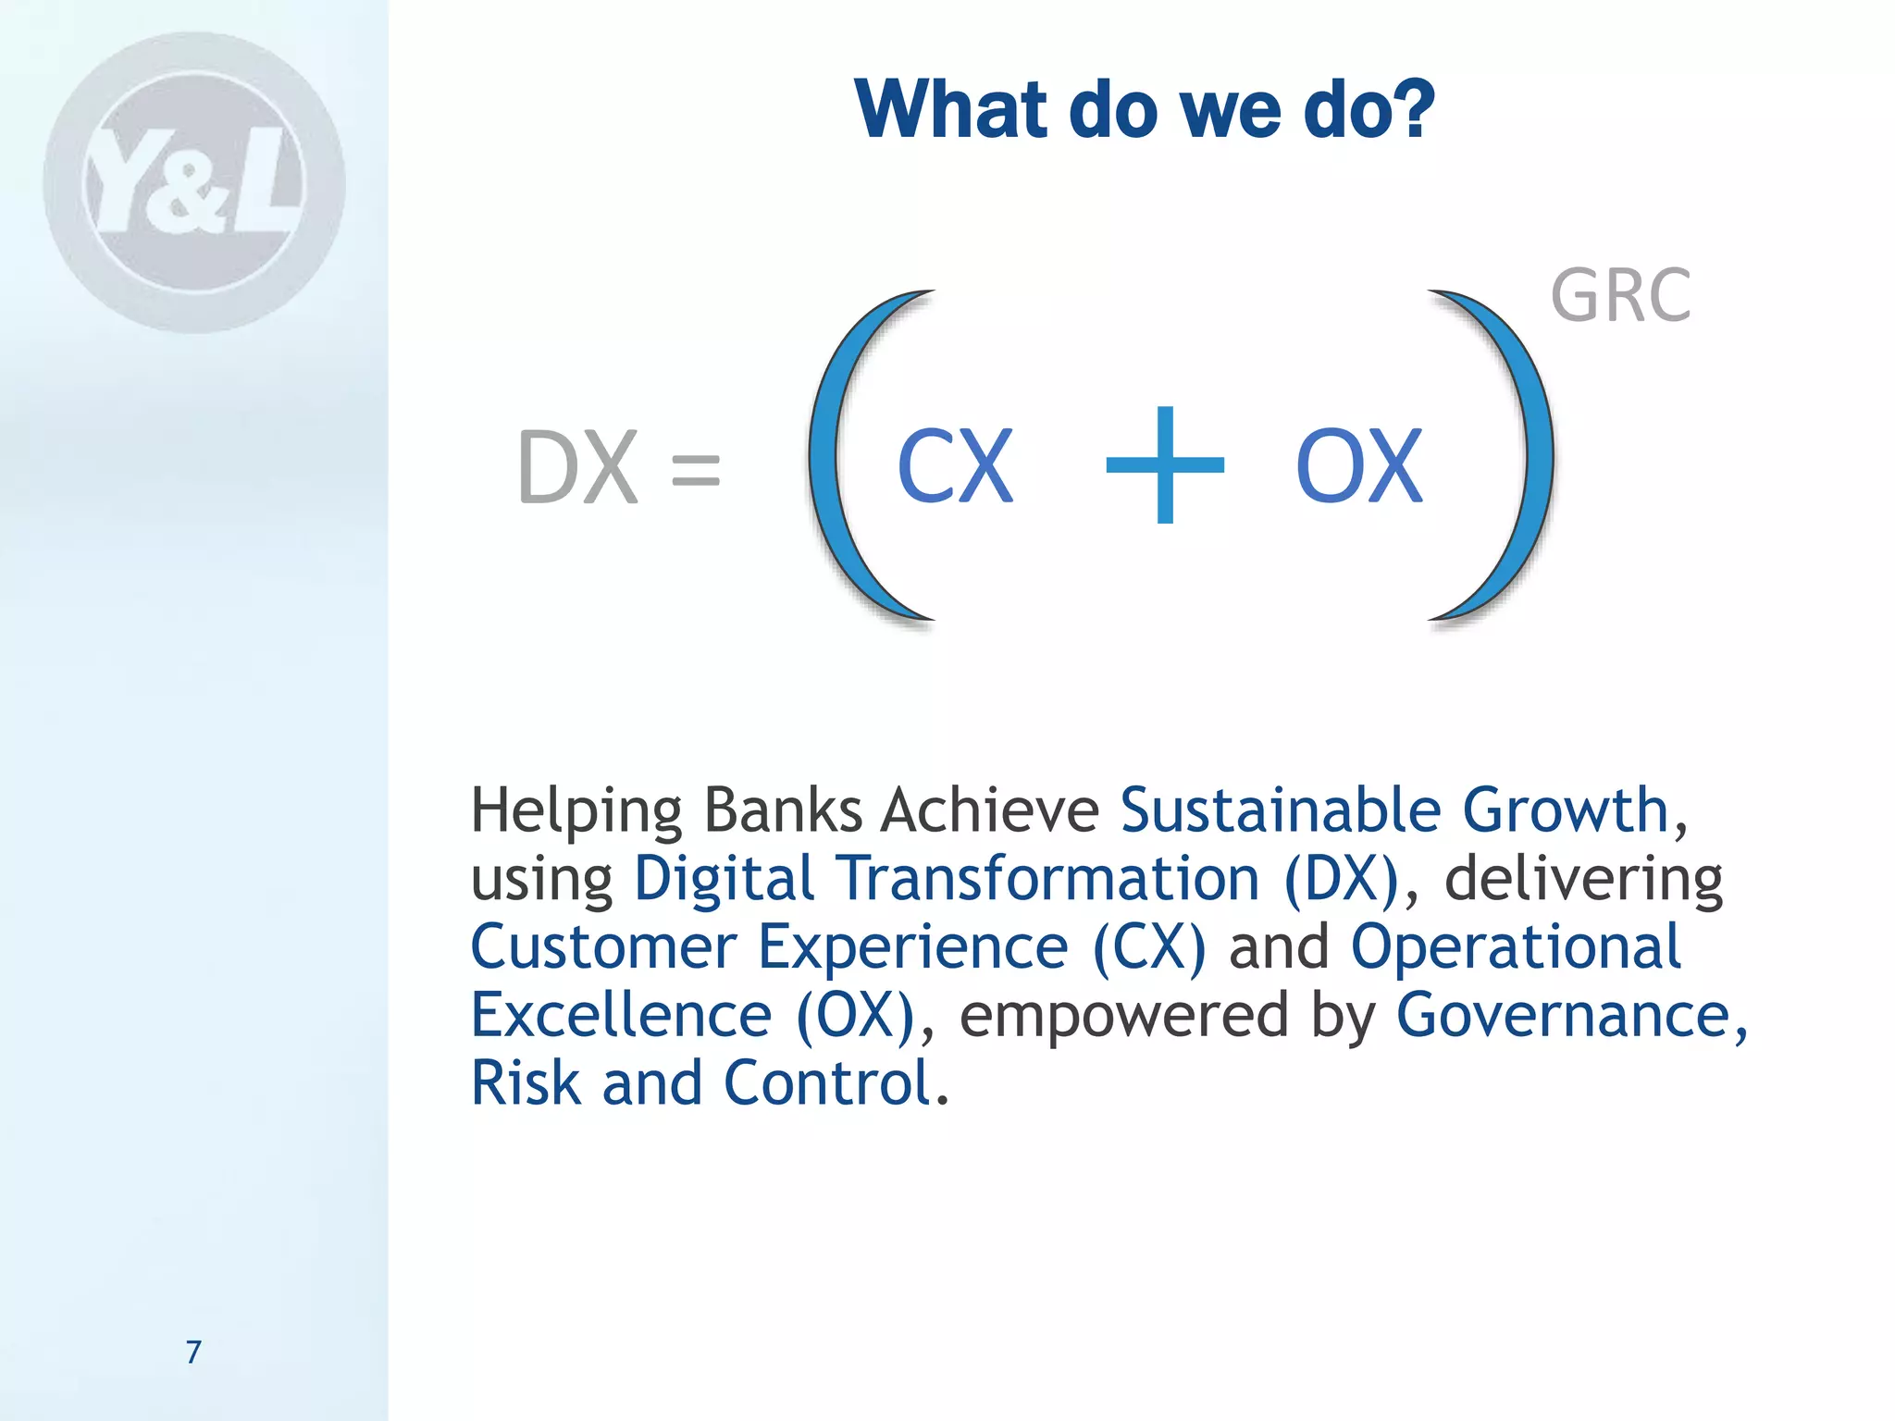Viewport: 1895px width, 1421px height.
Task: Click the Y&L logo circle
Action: point(194,183)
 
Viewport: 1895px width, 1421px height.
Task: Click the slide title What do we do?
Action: point(1144,110)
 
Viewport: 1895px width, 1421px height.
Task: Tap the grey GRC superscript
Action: point(1620,296)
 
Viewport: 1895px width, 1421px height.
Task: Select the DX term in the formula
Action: point(578,468)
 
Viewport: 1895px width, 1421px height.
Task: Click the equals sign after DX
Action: point(695,469)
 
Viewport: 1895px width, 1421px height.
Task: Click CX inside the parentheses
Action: point(955,467)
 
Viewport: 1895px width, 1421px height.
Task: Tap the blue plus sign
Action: point(1165,465)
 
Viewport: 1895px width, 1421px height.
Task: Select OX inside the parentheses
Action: point(1358,467)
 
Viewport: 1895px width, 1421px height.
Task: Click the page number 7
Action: point(193,1352)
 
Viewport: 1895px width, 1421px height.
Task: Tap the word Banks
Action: point(783,810)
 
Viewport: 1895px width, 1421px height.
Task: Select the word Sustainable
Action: point(1280,810)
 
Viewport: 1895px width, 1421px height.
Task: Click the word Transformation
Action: point(1047,879)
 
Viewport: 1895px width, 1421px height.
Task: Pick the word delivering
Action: point(1583,879)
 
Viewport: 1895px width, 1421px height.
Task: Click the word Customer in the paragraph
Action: point(603,947)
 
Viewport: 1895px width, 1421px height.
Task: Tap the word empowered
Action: point(1123,1016)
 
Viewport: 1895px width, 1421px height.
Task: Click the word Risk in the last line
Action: point(525,1083)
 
